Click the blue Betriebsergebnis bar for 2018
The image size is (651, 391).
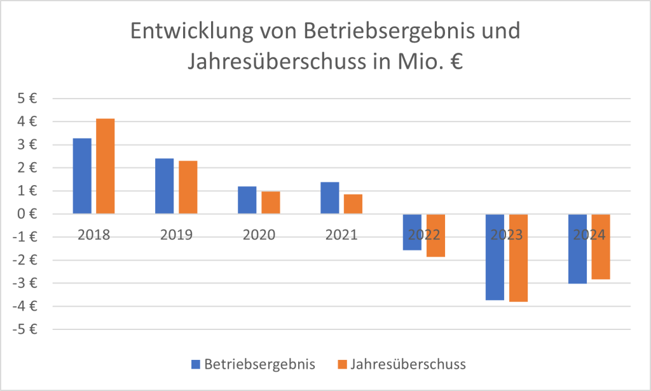82,175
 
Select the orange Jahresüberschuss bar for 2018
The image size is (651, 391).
106,166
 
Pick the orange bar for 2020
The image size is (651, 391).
270,202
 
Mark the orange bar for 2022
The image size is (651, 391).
435,235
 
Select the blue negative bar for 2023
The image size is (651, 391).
495,257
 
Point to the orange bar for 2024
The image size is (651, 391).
601,247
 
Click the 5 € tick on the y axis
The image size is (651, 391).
26,99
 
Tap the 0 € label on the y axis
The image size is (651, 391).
26,214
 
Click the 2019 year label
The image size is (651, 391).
176,235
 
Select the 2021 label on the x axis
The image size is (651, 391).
341,235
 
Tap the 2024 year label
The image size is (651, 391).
589,235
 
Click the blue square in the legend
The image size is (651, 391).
196,364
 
